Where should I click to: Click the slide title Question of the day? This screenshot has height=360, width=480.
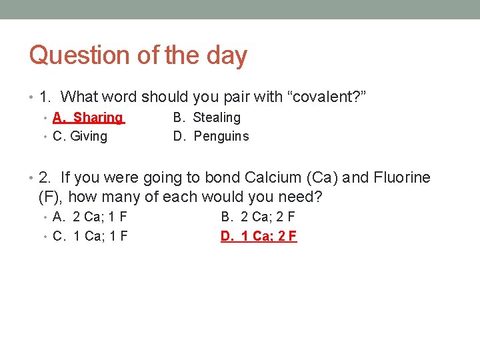(x=138, y=55)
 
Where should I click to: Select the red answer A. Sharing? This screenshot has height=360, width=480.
(x=89, y=118)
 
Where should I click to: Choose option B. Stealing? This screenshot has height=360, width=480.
(x=207, y=118)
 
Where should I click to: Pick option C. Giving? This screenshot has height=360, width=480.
(x=80, y=137)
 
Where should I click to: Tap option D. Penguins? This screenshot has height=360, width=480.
(x=211, y=137)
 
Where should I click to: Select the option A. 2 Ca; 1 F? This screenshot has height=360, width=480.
(x=90, y=217)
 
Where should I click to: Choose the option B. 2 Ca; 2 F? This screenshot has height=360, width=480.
(x=258, y=217)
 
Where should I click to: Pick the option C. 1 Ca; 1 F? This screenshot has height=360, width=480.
(x=90, y=236)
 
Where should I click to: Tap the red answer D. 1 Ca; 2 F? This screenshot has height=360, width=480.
(x=259, y=236)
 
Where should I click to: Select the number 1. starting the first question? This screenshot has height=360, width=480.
(x=45, y=97)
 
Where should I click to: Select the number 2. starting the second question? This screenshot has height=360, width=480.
(x=45, y=178)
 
